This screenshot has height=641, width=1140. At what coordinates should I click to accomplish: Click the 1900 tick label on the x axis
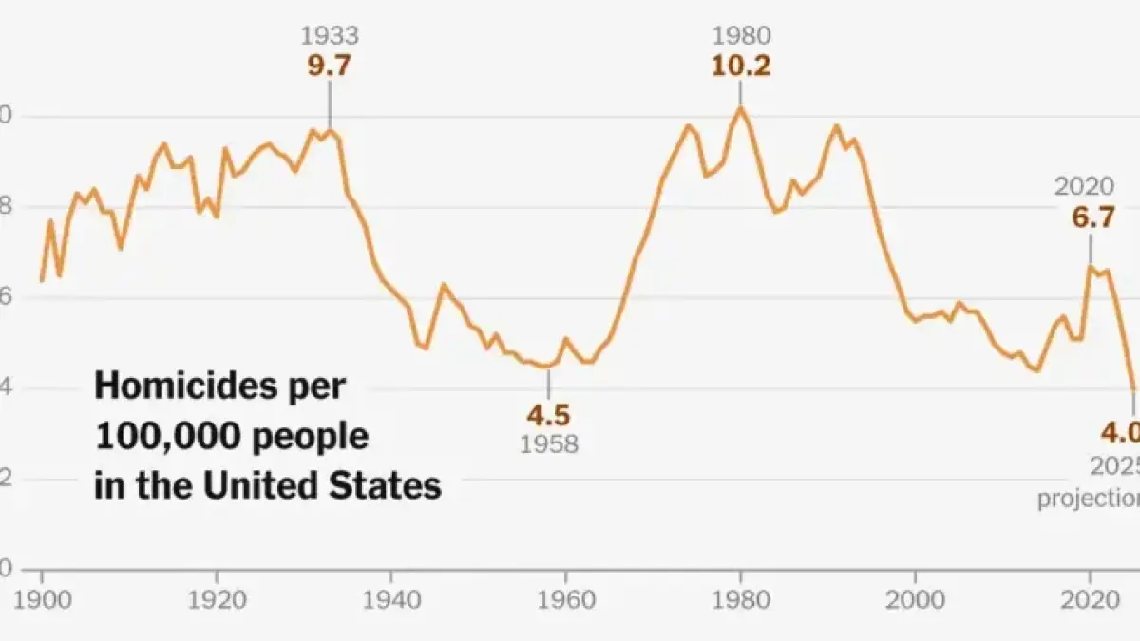(x=42, y=602)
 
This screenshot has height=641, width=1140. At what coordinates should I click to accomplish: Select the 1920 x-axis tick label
(x=217, y=602)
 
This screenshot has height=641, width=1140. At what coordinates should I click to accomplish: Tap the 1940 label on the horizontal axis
(x=391, y=602)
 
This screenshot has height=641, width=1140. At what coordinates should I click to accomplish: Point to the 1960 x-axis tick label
(x=566, y=602)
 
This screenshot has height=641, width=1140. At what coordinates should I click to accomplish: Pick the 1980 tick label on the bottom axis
(x=741, y=602)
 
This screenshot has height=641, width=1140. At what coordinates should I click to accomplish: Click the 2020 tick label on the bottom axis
(x=1090, y=602)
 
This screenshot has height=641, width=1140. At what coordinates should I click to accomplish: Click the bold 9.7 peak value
(x=330, y=66)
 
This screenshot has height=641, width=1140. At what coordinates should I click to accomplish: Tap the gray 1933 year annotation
(x=330, y=37)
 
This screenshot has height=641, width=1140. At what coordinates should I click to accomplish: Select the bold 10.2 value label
(x=742, y=66)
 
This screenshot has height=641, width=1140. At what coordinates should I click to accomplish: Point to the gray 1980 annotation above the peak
(x=742, y=37)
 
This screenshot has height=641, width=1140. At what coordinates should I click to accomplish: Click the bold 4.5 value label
(x=548, y=414)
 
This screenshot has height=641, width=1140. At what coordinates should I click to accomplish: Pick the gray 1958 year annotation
(x=548, y=443)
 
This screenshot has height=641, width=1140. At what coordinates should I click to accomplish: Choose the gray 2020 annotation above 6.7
(x=1084, y=188)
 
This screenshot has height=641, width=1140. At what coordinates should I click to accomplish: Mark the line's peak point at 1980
(x=741, y=106)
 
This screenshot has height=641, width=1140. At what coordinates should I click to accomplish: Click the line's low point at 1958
(x=548, y=367)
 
